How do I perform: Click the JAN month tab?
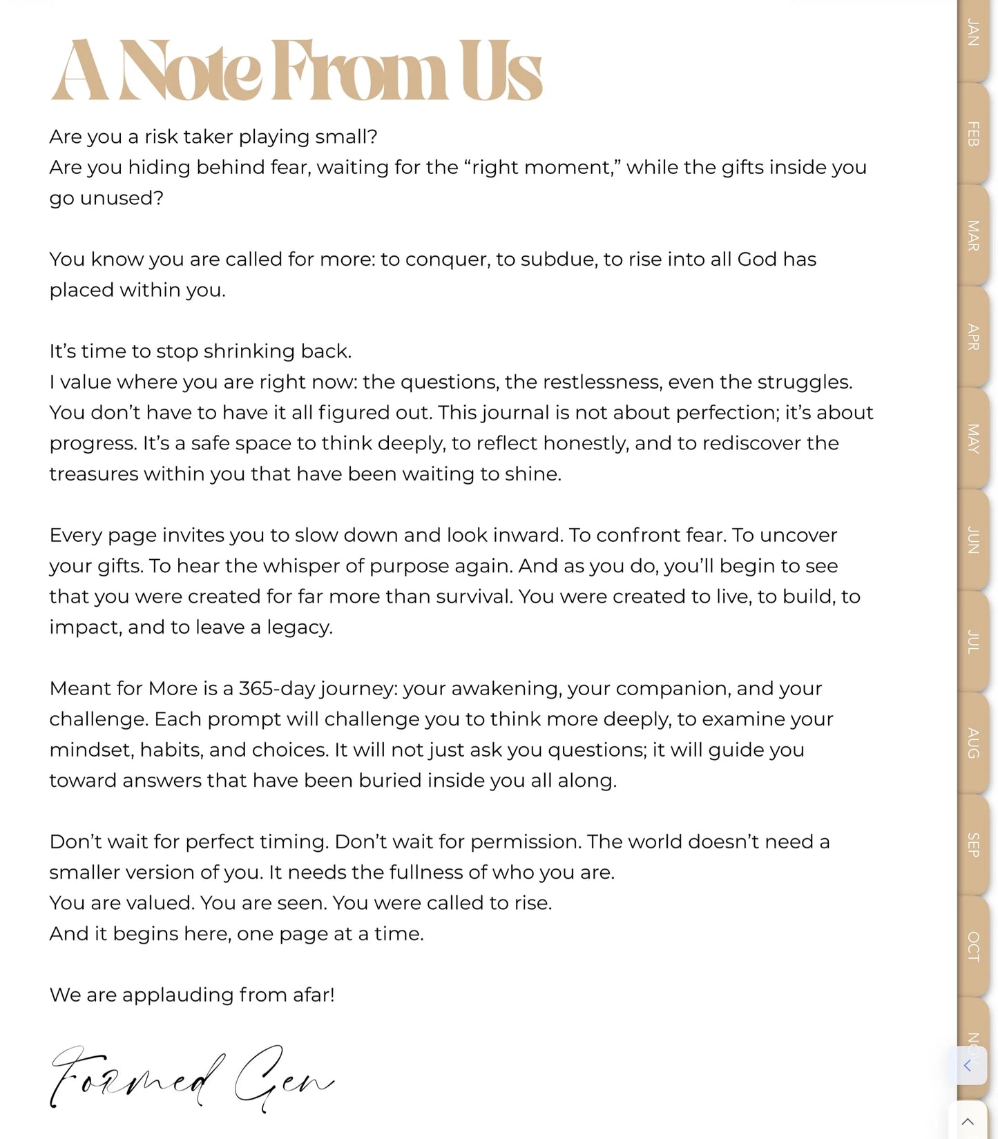973,33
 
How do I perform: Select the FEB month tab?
973,134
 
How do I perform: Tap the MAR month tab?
973,235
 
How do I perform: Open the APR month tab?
973,337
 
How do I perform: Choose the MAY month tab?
973,438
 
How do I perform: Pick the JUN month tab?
973,540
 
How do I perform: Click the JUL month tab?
973,641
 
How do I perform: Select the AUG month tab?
973,743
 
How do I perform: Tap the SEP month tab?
973,844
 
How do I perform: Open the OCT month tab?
973,946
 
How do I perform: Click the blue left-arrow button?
968,1065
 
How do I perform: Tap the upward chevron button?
968,1122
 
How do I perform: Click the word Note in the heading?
190,72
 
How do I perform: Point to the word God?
757,259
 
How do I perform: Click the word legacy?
299,627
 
